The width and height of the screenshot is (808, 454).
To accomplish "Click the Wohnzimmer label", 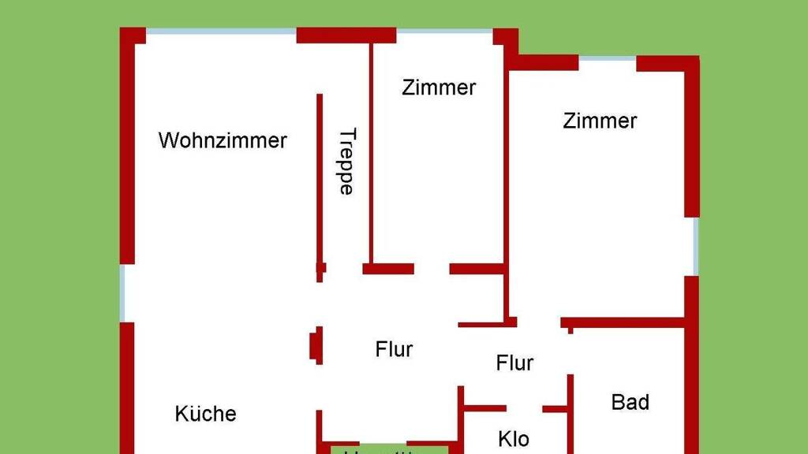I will point(223,141).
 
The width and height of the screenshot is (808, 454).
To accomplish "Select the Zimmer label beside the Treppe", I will point(439,87).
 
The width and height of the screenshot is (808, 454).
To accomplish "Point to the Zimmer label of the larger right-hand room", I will point(600,121).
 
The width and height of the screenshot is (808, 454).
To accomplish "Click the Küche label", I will point(205,414).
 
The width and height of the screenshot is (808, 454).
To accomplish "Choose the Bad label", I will point(630,402).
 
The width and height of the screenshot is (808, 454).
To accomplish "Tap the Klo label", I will point(514,438).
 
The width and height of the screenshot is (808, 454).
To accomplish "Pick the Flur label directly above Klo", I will point(514,363).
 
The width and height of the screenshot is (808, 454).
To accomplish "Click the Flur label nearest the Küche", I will point(394,348).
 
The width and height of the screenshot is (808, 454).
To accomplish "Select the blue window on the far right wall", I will point(695,246).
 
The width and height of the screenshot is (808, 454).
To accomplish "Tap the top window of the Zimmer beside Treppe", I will point(444,32).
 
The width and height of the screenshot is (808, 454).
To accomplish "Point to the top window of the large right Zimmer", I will point(608,58).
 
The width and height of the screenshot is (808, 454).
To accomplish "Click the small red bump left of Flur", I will point(315,345).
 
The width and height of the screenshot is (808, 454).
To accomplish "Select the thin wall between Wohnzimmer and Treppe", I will point(320,181).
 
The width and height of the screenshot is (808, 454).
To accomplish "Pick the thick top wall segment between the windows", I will point(346,35).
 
